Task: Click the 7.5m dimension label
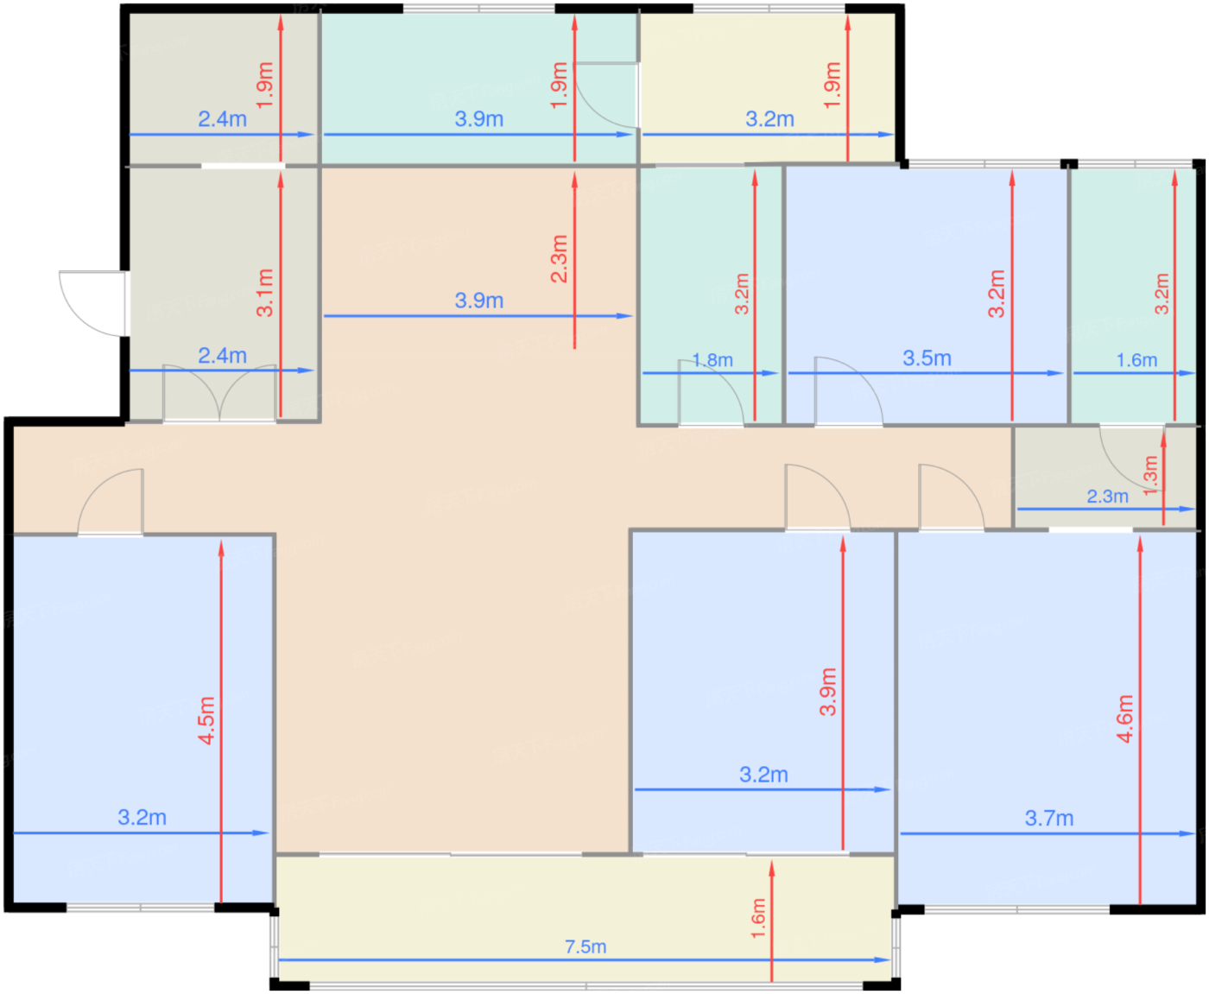(x=585, y=947)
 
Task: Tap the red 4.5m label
(x=206, y=720)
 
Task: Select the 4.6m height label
(x=1125, y=719)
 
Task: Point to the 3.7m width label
(x=1049, y=818)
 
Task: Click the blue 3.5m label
(x=927, y=358)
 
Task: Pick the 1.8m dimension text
(x=712, y=360)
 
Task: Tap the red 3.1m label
(x=265, y=293)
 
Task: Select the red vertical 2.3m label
(x=559, y=258)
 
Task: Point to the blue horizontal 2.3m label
(x=1108, y=497)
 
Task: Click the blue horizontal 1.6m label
(x=1136, y=360)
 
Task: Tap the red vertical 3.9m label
(x=828, y=692)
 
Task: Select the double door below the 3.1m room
(x=219, y=393)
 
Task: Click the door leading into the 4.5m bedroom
(x=111, y=502)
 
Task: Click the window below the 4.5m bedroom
(x=141, y=908)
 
